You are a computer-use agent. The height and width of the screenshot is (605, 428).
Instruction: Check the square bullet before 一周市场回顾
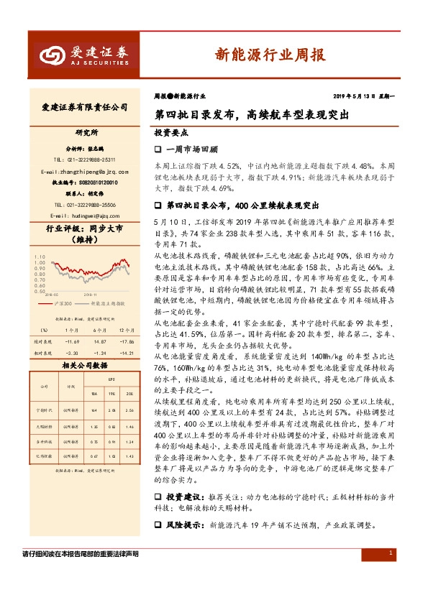[159, 149]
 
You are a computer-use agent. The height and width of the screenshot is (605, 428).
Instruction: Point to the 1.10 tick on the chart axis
[40, 256]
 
